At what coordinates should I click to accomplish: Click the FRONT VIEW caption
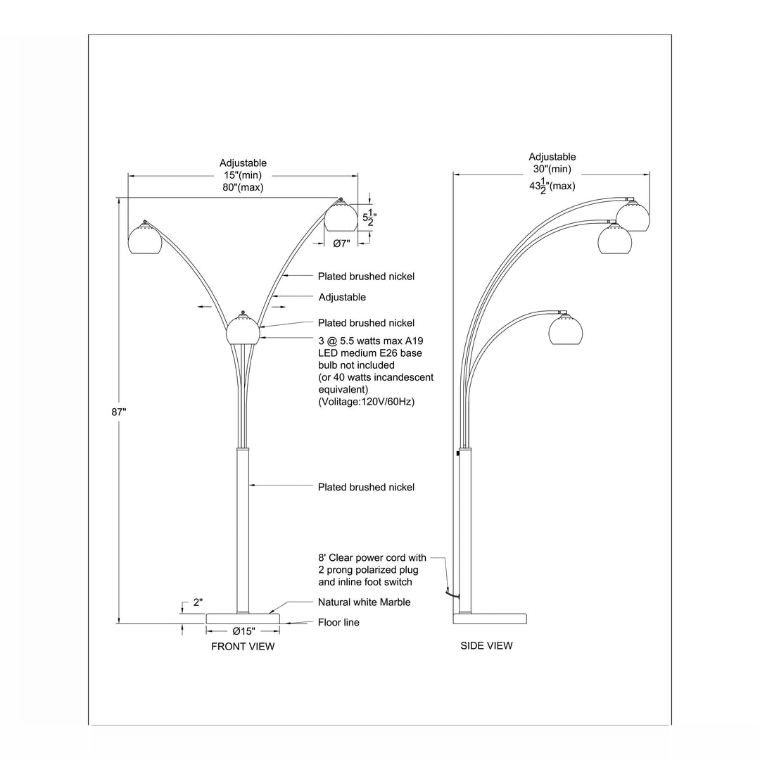tap(243, 646)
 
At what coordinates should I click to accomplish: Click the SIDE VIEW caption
tap(486, 645)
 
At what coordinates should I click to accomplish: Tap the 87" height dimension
tap(118, 412)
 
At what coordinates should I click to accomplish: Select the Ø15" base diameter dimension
tap(242, 631)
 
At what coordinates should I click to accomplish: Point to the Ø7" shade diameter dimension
tap(341, 243)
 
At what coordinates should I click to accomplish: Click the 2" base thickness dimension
tap(198, 602)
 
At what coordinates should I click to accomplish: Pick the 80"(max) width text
tap(242, 187)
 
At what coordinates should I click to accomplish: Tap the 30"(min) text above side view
tap(552, 169)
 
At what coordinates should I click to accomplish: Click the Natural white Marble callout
tap(364, 602)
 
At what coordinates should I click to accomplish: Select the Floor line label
tap(338, 622)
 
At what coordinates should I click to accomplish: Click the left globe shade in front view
tap(145, 241)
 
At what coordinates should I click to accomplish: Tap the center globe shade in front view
tap(243, 329)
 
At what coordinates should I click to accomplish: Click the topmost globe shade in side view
tap(632, 215)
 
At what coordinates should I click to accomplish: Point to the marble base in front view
tap(242, 618)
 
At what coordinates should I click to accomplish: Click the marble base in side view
tap(490, 619)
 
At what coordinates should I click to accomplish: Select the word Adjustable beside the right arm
tap(342, 297)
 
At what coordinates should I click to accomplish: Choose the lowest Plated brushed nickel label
tap(366, 487)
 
